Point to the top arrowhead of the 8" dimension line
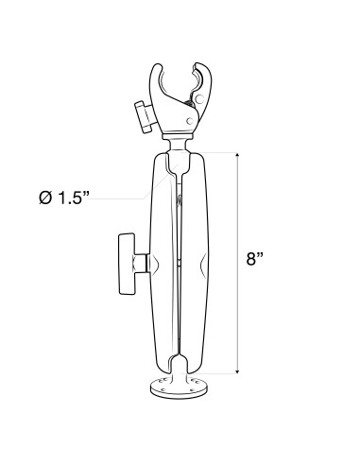(x=236, y=155)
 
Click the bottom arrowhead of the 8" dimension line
(x=236, y=370)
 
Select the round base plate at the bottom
(x=178, y=387)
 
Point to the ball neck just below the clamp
(x=178, y=145)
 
